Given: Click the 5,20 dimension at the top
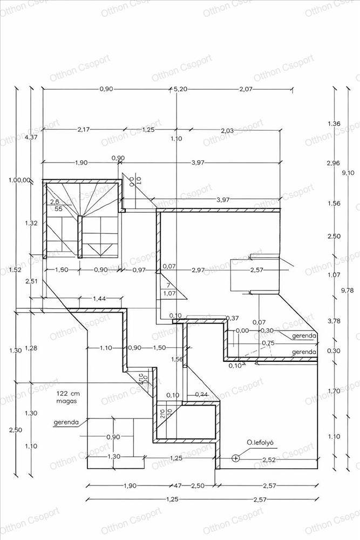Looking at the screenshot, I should point(180,90).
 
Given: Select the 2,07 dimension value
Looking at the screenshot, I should point(246,90).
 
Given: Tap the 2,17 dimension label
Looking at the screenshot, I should point(84,130).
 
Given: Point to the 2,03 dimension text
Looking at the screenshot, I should point(228,130).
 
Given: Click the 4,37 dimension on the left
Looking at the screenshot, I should point(32,137).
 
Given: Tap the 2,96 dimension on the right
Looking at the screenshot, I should point(334,163).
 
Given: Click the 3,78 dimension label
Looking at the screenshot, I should point(334,321).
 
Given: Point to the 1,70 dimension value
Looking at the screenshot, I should point(334,390).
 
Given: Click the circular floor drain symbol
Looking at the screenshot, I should point(235,458).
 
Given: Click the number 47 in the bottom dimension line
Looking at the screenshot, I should point(178,486).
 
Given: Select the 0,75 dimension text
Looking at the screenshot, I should point(268,343).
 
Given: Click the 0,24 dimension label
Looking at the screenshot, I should point(201,394).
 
